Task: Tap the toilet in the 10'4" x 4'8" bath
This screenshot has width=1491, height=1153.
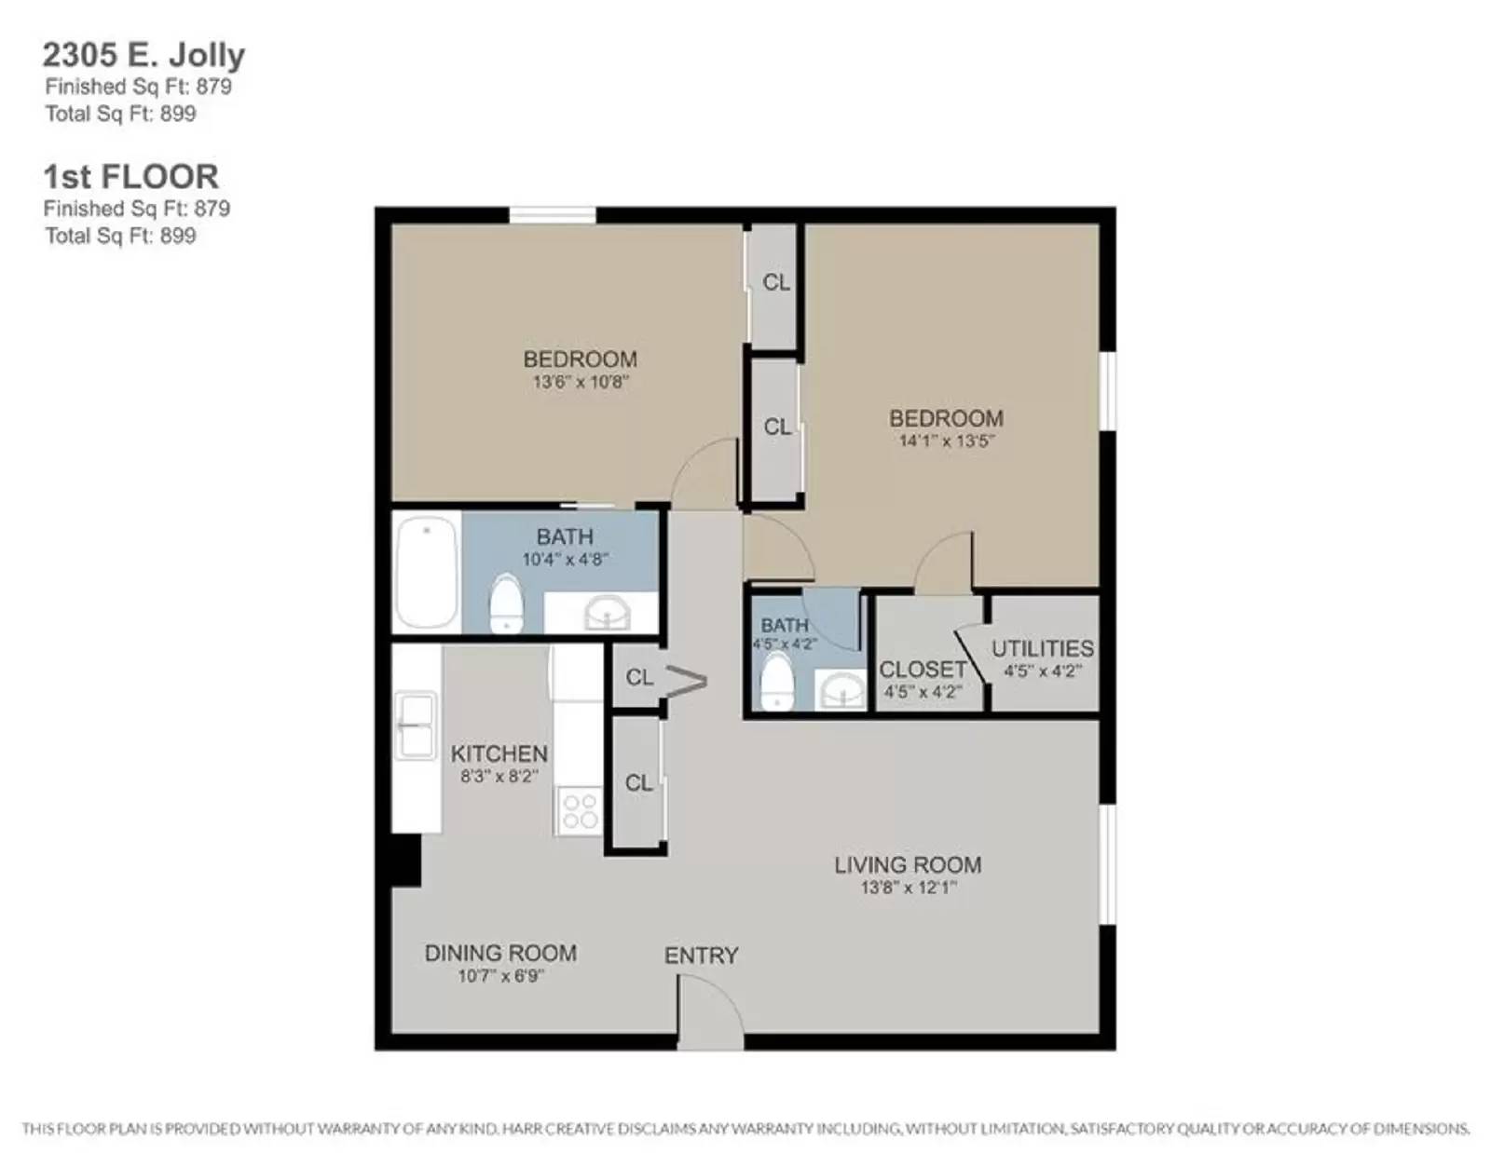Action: (506, 604)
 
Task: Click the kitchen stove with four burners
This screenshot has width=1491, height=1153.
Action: (579, 810)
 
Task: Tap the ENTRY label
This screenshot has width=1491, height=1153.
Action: (701, 956)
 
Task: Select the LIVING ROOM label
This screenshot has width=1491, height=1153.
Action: (907, 865)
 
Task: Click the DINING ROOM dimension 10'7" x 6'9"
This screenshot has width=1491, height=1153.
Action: (500, 976)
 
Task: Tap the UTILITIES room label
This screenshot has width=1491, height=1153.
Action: (1042, 648)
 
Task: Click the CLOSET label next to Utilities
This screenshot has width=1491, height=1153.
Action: (923, 670)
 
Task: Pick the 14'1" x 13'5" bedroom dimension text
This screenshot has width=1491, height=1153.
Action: (946, 441)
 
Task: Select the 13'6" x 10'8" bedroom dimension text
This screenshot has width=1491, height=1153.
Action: (581, 382)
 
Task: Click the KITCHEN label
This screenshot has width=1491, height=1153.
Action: (499, 753)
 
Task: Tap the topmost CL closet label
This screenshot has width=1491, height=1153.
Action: (776, 282)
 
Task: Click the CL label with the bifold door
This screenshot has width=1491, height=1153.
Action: (639, 677)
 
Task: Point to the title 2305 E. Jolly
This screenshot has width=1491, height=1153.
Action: (144, 55)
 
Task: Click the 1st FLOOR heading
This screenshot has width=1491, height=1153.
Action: (130, 176)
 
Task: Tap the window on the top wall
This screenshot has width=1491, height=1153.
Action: (552, 215)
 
